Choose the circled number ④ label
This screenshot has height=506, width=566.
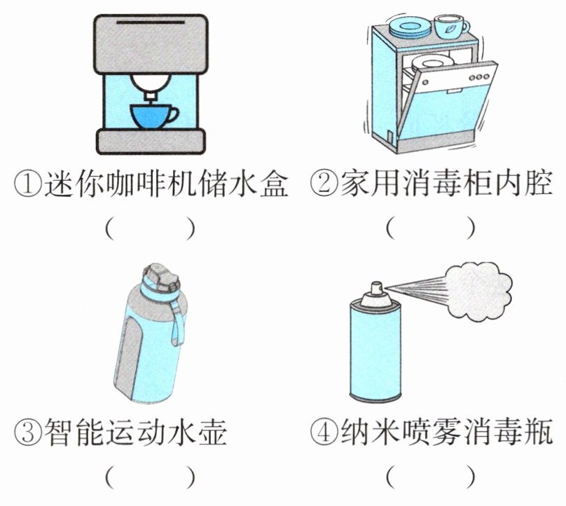pyautogui.click(x=324, y=432)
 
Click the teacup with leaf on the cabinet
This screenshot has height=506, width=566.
pyautogui.click(x=450, y=27)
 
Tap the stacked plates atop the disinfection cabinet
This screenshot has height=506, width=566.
pyautogui.click(x=409, y=27)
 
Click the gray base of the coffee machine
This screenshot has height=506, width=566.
pyautogui.click(x=151, y=142)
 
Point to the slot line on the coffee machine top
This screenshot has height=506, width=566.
pyautogui.click(x=151, y=22)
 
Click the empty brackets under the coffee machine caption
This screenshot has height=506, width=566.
pyautogui.click(x=151, y=228)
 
